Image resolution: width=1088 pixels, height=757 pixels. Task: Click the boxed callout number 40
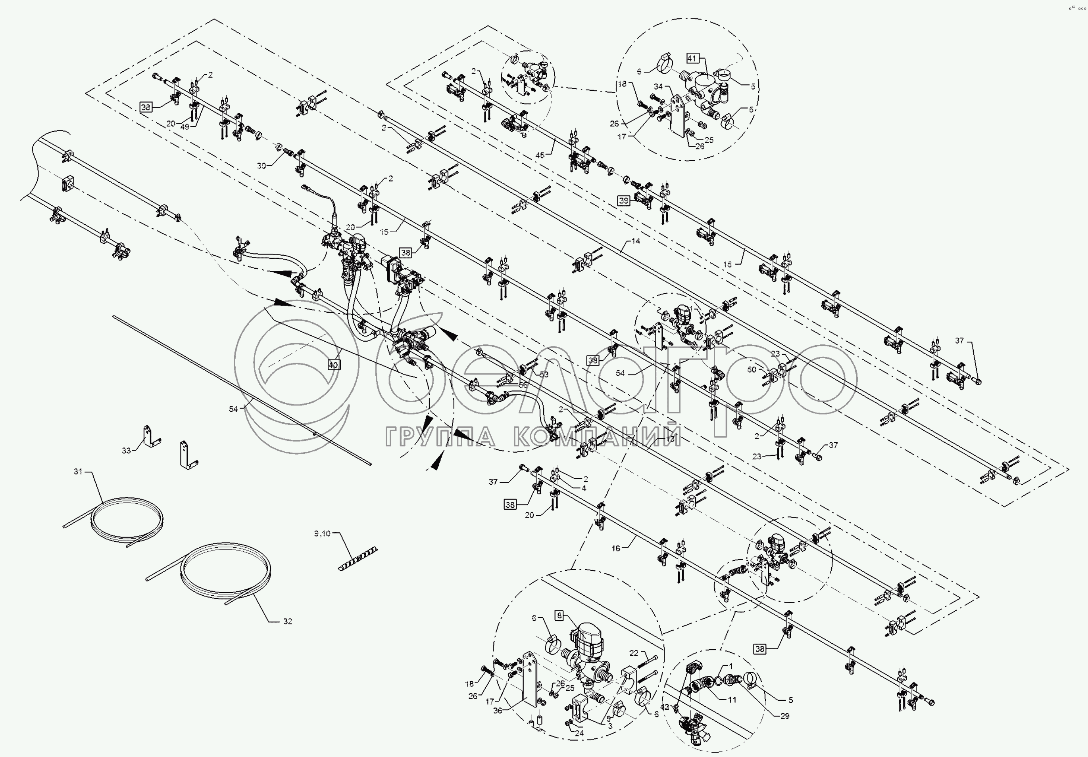pyautogui.click(x=334, y=365)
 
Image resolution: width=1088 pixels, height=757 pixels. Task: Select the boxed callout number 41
pyautogui.click(x=692, y=58)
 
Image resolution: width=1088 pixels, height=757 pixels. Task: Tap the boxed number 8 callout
pyautogui.click(x=559, y=616)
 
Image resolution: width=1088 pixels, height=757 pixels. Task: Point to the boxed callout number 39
pyautogui.click(x=624, y=201)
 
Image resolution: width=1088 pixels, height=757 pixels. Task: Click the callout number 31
pyautogui.click(x=78, y=472)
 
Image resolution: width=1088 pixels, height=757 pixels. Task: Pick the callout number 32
pyautogui.click(x=288, y=621)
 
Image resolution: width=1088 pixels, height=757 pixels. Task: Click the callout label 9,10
pyautogui.click(x=322, y=533)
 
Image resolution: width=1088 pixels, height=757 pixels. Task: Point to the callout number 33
pyautogui.click(x=126, y=451)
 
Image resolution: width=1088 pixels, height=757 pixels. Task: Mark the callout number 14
pyautogui.click(x=635, y=241)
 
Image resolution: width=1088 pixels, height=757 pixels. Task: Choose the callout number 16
pyautogui.click(x=615, y=549)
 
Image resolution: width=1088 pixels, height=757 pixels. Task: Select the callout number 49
pyautogui.click(x=185, y=126)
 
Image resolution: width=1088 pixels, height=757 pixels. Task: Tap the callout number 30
pyautogui.click(x=261, y=166)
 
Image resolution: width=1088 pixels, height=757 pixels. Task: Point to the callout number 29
pyautogui.click(x=785, y=716)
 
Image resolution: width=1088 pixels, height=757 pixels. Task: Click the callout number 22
pyautogui.click(x=634, y=653)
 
